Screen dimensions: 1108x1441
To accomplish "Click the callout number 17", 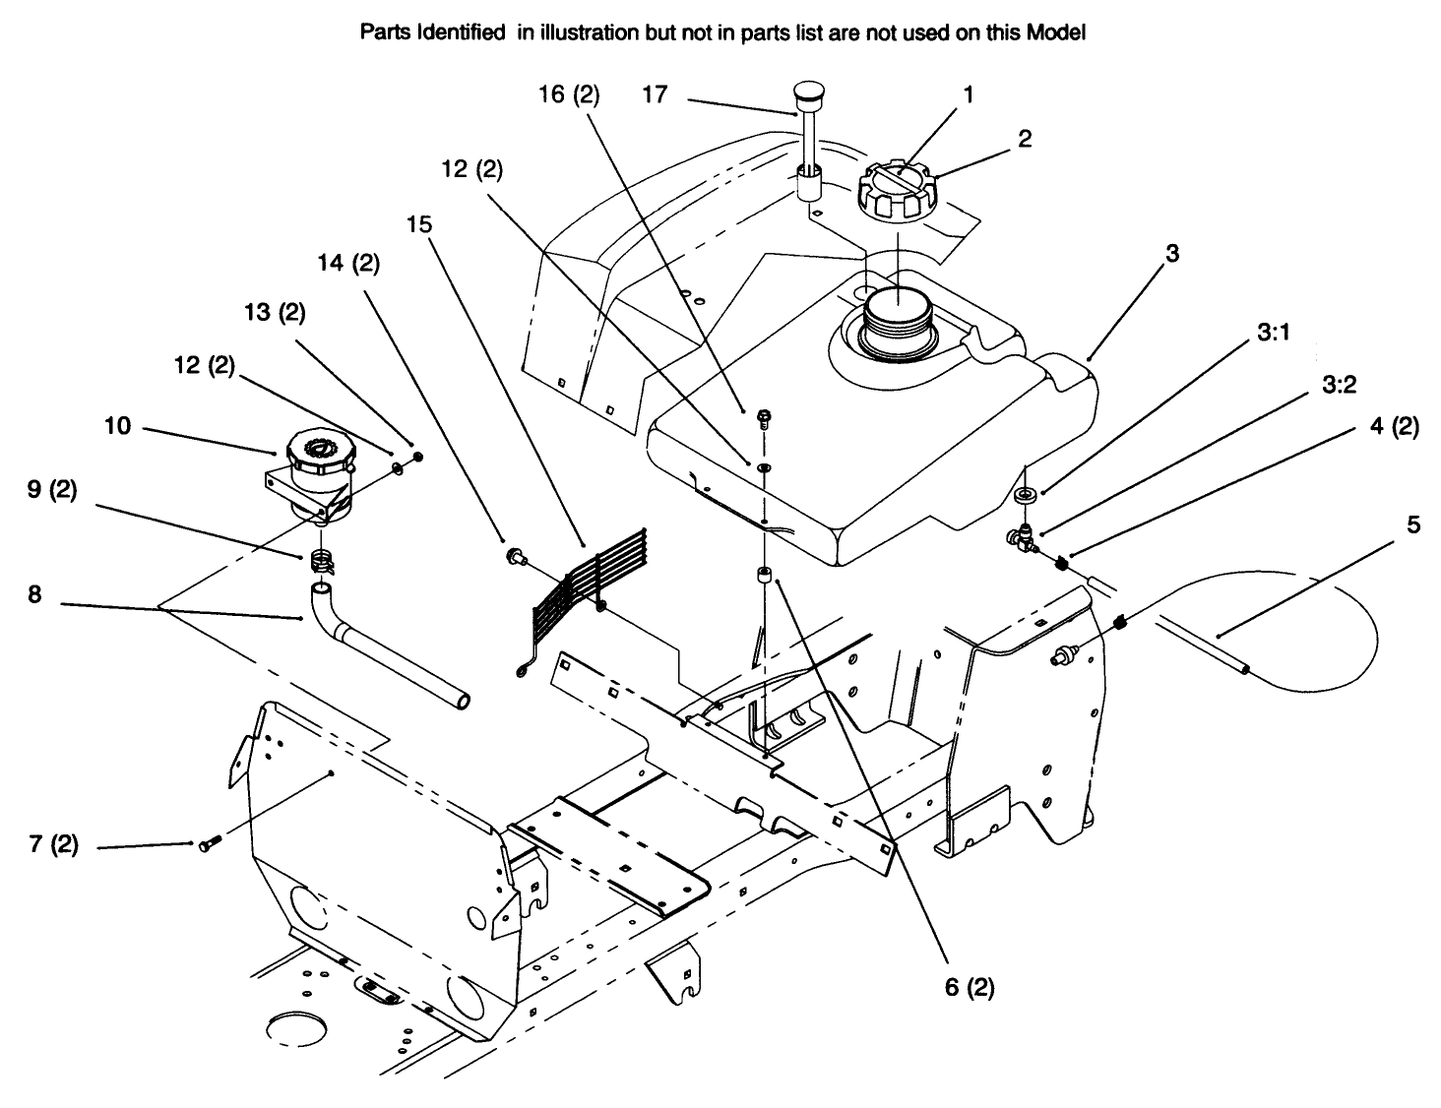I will (655, 94).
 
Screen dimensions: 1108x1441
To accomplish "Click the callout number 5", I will (1413, 525).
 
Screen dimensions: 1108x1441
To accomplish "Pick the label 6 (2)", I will (970, 988).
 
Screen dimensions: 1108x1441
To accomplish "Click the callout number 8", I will (34, 594).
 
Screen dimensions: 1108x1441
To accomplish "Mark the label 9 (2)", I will (51, 490).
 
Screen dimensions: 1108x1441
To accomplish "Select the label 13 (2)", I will (277, 313).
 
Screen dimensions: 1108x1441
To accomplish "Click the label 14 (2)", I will (348, 264).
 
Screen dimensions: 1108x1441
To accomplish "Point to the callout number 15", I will (418, 224).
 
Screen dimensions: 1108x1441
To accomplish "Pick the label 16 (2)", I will (568, 94).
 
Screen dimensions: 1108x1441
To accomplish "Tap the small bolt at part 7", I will (207, 844).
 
